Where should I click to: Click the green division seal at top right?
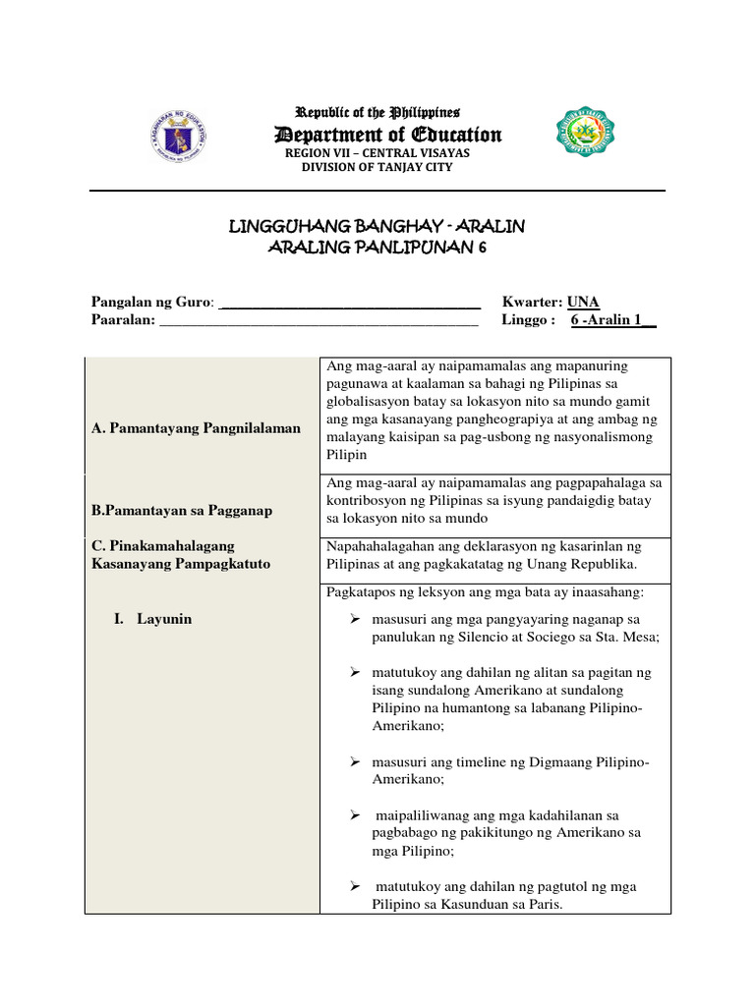(587, 132)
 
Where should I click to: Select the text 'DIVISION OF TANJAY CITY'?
(377, 167)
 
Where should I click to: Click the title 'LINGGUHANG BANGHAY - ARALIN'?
(377, 227)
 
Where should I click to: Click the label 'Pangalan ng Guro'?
(151, 302)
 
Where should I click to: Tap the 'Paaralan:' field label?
(124, 320)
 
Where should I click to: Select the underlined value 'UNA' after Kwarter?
(583, 302)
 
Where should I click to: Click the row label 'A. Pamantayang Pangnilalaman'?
(196, 428)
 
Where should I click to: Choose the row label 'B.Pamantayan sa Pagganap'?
(182, 510)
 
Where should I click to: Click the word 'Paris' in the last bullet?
(540, 904)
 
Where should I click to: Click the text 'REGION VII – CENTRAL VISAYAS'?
(377, 153)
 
